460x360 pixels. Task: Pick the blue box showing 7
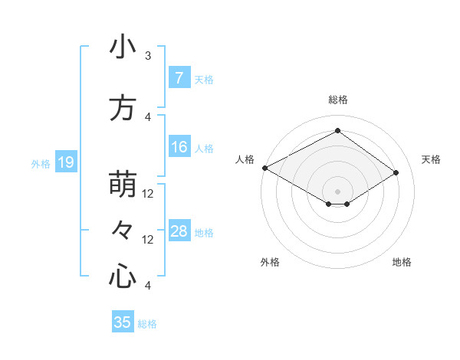coord(179,78)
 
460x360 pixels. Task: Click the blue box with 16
coord(179,147)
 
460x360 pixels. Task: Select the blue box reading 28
coord(179,231)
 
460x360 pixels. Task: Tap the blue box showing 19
coord(65,162)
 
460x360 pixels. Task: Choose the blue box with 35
coord(123,322)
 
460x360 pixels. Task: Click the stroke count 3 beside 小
coord(148,56)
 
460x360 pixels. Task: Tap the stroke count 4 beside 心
coord(148,286)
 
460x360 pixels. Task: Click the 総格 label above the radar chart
coord(337,100)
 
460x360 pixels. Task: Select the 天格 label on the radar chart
coord(431,159)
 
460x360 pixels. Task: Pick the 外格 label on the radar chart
coord(269,262)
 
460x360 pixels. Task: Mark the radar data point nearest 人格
coord(264,168)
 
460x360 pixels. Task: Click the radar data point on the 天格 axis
coord(396,172)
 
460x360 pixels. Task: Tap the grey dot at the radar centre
coord(337,191)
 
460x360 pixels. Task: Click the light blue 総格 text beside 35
coord(147,324)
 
